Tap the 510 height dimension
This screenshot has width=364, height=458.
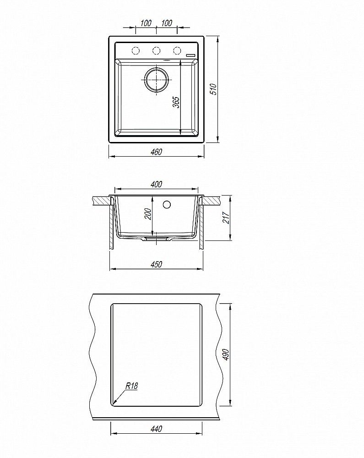click(x=212, y=88)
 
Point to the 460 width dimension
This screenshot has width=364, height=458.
click(x=156, y=152)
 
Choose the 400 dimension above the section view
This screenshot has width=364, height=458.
click(x=156, y=184)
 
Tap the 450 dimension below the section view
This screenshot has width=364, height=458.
click(x=156, y=265)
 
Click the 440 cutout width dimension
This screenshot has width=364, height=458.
click(x=156, y=429)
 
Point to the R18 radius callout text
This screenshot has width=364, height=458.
click(x=131, y=386)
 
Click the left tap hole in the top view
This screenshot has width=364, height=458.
click(x=136, y=50)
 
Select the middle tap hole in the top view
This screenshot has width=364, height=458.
click(x=157, y=50)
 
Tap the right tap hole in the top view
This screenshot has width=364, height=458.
click(x=177, y=50)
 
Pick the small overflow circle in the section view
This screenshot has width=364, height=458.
click(x=167, y=204)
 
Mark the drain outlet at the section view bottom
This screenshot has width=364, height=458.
click(x=157, y=239)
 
